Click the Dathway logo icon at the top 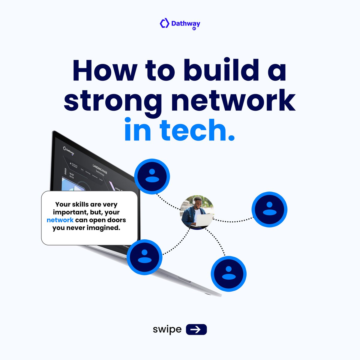tap(164, 23)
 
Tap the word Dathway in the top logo tap(186, 23)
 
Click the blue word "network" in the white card tap(60, 220)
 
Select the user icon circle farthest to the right tap(269, 209)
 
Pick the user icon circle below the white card tap(144, 257)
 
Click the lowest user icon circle tap(229, 274)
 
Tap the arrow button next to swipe tap(196, 329)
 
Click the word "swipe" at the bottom tap(167, 329)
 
